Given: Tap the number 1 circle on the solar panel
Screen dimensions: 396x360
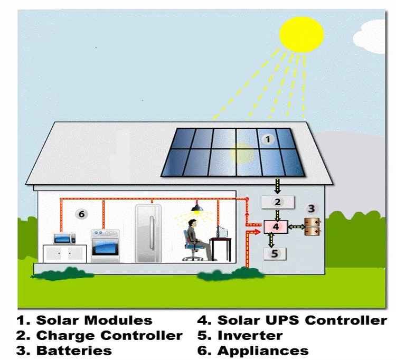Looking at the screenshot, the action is tap(268, 139).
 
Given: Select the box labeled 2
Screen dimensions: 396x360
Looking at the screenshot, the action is tap(276, 202).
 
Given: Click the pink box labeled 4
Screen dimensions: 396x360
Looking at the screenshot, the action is tap(277, 227).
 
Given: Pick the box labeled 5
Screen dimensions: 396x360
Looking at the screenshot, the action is tap(275, 253).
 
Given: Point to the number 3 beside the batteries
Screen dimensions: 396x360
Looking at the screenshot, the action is tap(312, 209).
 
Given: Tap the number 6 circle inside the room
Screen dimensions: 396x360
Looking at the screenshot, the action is tap(81, 214).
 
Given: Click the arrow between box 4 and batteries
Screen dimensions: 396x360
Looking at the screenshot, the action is tap(296, 227).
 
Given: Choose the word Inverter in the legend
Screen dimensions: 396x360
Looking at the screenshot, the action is tap(250, 335).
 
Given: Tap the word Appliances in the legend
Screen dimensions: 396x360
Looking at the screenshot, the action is tap(263, 350).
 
